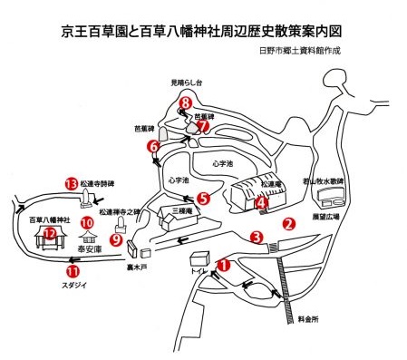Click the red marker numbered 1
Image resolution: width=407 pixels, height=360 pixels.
223,266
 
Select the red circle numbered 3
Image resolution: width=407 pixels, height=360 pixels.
257,238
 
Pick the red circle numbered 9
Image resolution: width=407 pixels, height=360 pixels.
116,239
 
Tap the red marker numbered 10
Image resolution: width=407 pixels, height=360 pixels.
87,221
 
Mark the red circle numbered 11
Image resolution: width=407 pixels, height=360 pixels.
73,269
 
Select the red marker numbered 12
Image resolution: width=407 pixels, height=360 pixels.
51,233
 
